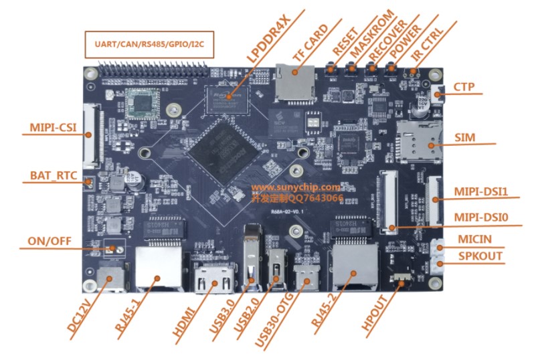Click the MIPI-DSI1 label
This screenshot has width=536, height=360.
481,192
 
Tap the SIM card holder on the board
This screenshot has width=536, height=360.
419,142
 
